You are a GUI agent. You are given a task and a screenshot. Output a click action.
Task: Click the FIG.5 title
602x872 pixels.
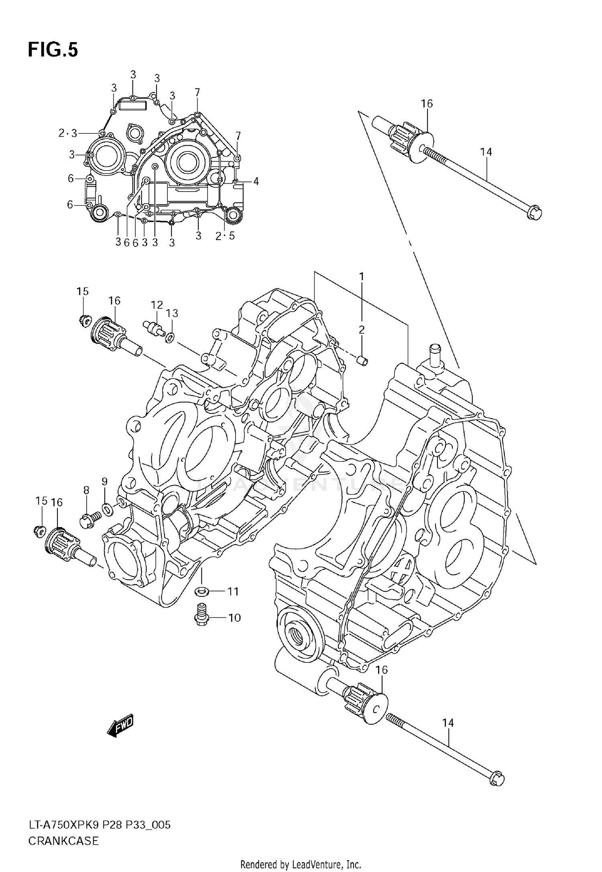53,51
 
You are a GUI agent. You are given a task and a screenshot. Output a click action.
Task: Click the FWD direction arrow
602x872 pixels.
120,726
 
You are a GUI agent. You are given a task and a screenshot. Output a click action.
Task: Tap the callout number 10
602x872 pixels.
234,617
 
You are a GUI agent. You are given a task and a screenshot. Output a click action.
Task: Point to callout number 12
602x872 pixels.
157,305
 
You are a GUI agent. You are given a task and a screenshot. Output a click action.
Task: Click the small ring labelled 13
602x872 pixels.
170,337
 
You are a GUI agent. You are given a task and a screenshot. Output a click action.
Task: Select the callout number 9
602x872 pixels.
104,481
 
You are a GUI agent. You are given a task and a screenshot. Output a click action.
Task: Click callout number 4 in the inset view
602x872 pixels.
256,181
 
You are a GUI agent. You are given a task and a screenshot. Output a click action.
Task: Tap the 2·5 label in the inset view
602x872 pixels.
225,236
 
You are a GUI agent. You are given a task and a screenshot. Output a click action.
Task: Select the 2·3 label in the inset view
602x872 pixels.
67,133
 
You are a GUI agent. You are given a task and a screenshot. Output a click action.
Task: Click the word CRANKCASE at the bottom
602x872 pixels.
63,838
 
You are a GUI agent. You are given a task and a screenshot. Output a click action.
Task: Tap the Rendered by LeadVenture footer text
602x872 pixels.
301,864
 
